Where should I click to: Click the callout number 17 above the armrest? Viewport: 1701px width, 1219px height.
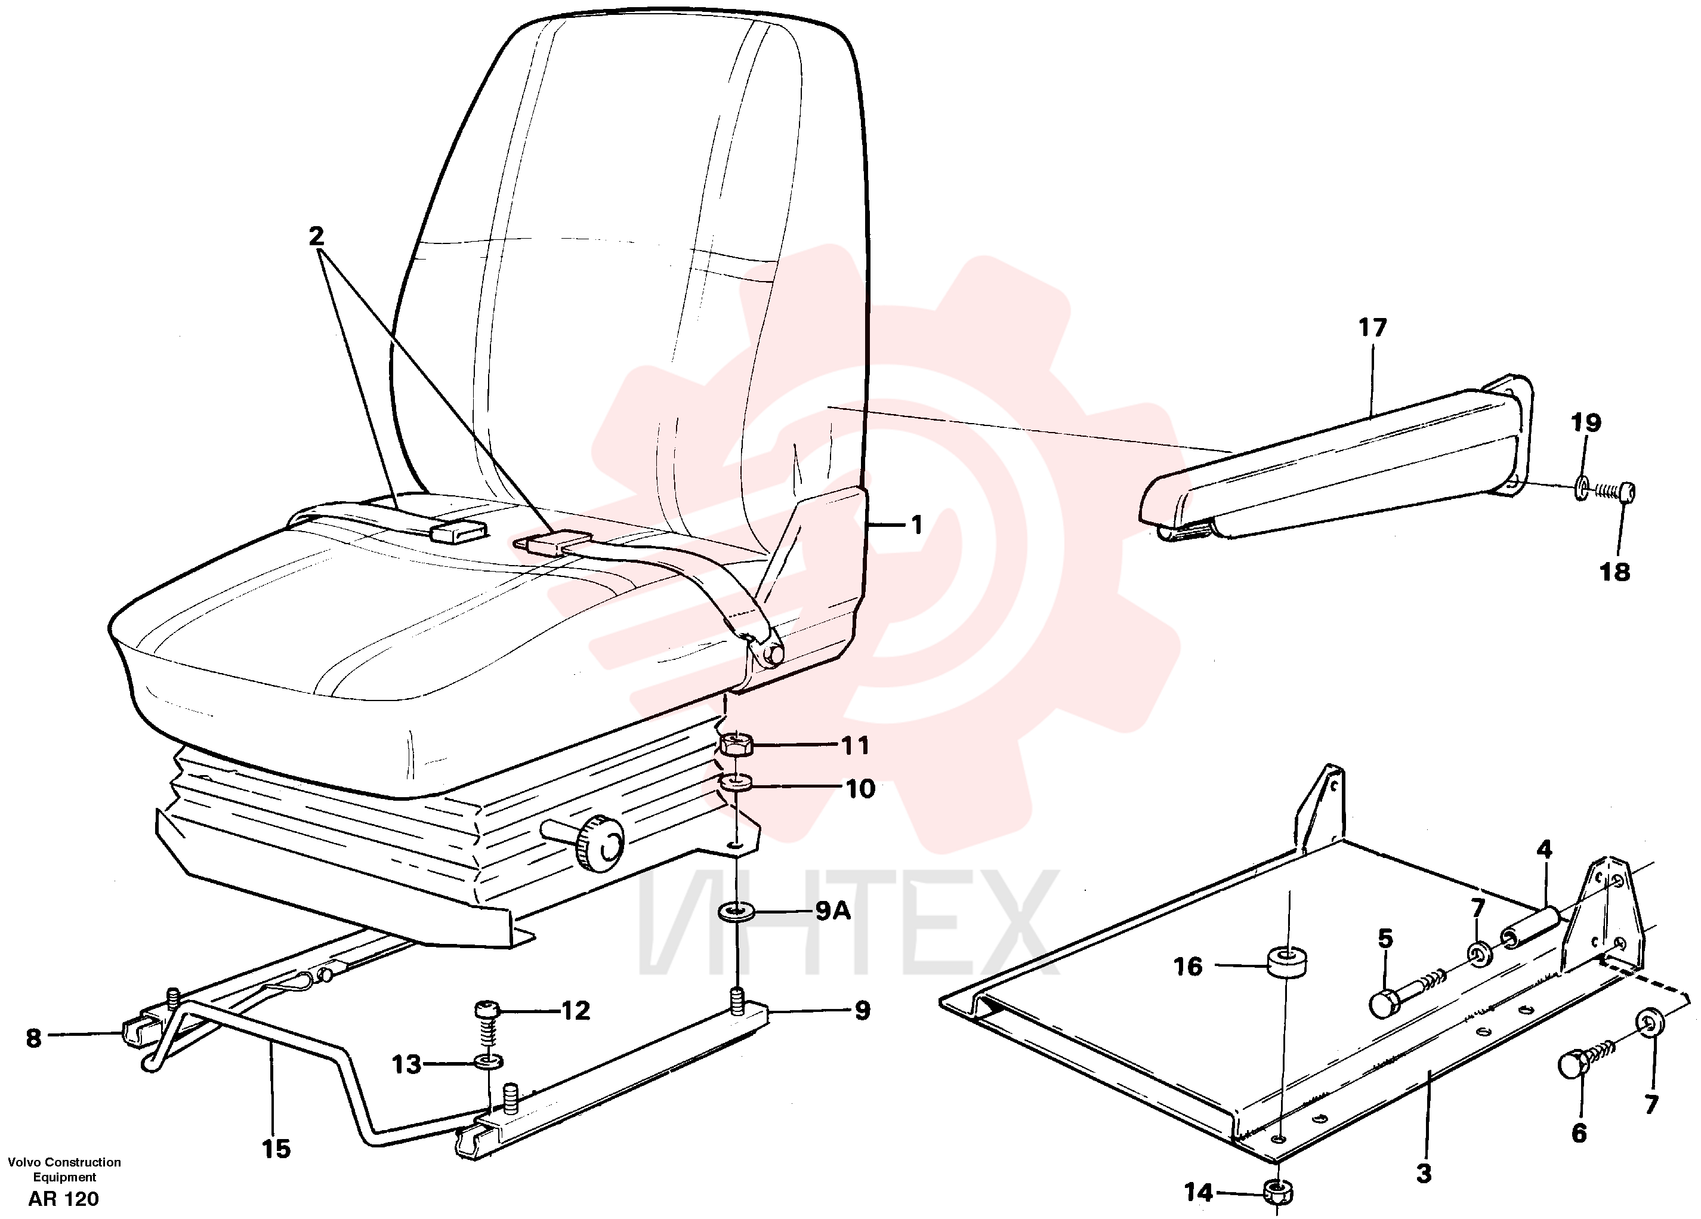click(x=1372, y=328)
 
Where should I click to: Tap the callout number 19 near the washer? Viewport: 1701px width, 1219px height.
click(x=1585, y=423)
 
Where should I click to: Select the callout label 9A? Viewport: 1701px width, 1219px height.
click(x=832, y=912)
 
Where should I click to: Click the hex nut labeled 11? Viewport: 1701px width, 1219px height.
click(x=736, y=745)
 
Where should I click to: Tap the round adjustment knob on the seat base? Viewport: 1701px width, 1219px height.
click(x=600, y=843)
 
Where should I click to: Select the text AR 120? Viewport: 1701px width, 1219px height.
click(x=64, y=1199)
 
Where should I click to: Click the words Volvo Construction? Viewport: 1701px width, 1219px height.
click(x=64, y=1162)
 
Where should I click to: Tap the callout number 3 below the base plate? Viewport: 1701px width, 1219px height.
click(x=1424, y=1173)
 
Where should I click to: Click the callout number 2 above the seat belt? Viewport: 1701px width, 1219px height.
click(x=316, y=236)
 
